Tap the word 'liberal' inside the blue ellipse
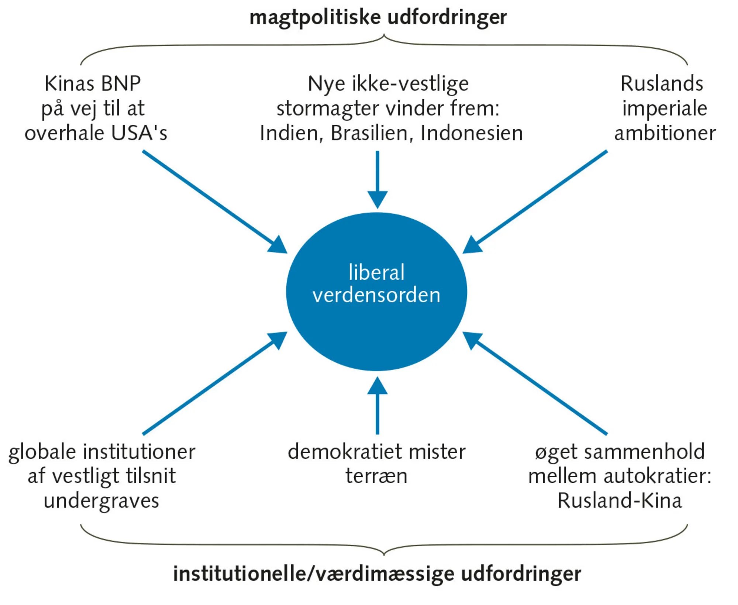coord(376,272)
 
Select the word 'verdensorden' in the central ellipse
coord(376,295)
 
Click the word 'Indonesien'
coord(471,133)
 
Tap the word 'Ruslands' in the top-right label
coord(662,83)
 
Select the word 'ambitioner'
coord(665,133)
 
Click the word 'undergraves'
coord(101,501)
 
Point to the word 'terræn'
coord(376,476)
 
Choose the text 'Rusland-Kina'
coord(620,501)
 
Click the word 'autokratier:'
coord(657,476)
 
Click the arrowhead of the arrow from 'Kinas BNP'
coord(279,245)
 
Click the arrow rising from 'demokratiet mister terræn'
coord(377,406)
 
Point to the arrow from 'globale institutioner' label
coord(214,384)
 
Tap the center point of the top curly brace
coord(384,37)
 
